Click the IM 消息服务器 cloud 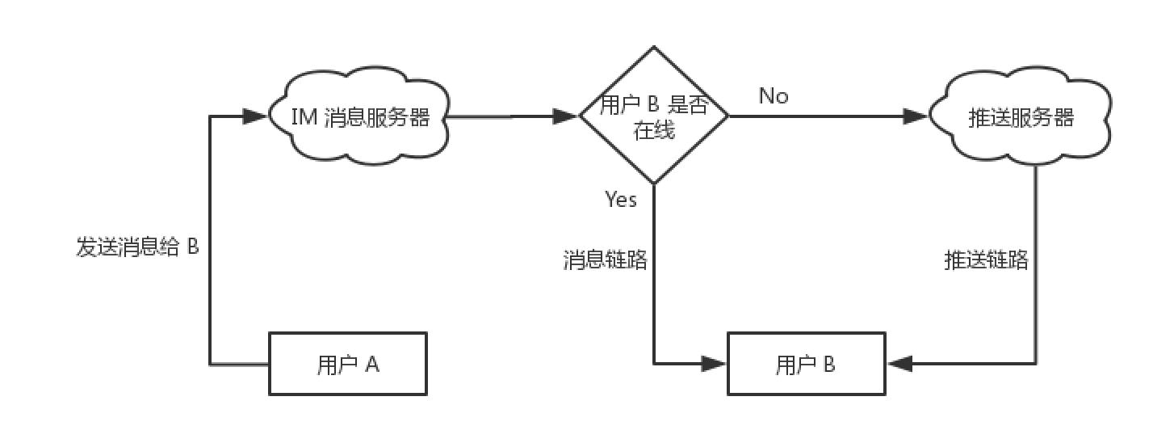[x=358, y=118]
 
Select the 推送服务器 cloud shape [x=1021, y=118]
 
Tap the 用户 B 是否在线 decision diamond [x=654, y=116]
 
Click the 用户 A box [x=348, y=365]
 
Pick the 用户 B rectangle [x=806, y=365]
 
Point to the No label [x=774, y=96]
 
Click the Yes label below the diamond [x=621, y=200]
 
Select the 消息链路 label [x=605, y=260]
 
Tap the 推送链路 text [x=986, y=260]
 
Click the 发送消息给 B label [x=137, y=247]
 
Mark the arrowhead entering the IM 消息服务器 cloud [x=255, y=116]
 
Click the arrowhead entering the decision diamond [x=567, y=116]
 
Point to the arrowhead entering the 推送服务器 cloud [x=916, y=116]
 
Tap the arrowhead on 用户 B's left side [x=714, y=364]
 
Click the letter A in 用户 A [x=372, y=365]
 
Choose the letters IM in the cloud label [x=304, y=118]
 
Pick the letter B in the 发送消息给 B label [x=193, y=247]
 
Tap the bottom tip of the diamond [x=654, y=184]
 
